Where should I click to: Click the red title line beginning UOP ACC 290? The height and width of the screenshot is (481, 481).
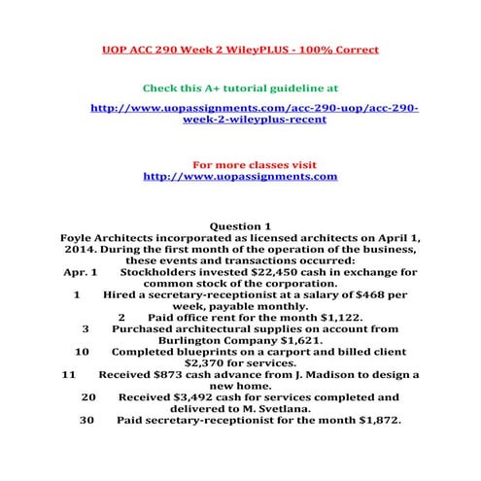(240, 48)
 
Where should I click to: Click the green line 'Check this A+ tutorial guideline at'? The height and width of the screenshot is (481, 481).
(240, 86)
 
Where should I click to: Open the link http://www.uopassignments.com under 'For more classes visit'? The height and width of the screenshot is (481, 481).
(240, 177)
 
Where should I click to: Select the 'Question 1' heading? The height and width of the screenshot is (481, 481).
(240, 226)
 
